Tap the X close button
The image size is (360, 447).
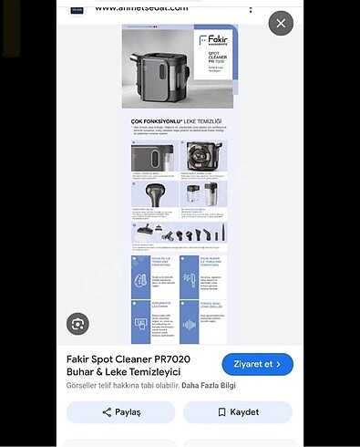coord(281,23)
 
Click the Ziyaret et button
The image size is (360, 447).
coord(257,364)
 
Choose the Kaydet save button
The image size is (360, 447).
coord(237,412)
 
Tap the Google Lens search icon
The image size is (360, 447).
coord(78,323)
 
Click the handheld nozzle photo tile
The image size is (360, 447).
coord(155,194)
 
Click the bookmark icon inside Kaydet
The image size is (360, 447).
coord(221,412)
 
